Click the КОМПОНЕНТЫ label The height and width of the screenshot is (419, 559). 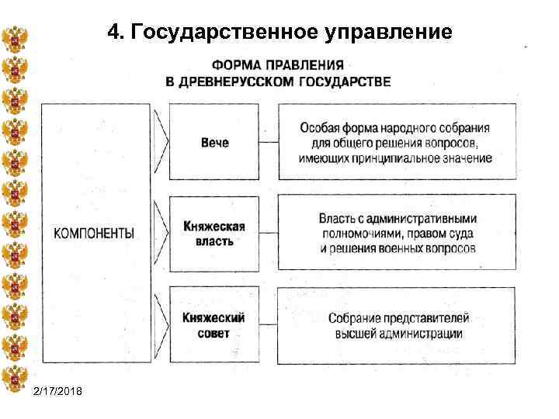click(94, 233)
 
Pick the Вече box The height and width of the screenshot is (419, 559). click(214, 143)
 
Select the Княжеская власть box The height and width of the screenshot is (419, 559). click(214, 233)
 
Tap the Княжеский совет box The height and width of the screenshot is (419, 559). click(214, 325)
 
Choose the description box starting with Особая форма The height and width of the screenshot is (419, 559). click(396, 143)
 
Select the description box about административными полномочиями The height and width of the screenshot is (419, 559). click(396, 233)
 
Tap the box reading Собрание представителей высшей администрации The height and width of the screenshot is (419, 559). click(396, 325)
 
